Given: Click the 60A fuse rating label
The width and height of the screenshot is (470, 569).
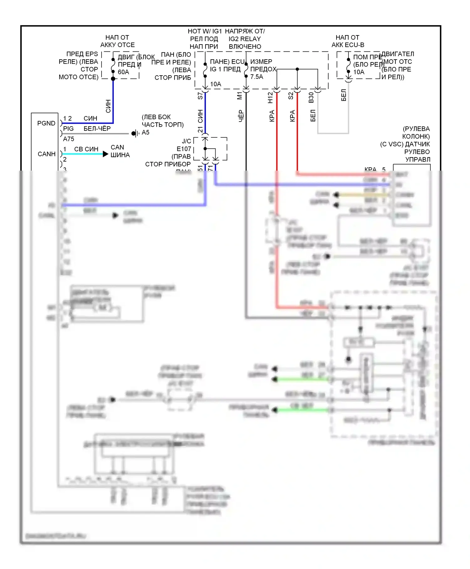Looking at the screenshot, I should pos(123,72).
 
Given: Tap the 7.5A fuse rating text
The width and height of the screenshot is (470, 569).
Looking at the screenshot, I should pos(257,77).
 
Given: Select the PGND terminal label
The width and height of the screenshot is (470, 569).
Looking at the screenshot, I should pos(46,123).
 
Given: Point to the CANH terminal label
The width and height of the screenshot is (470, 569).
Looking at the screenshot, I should pos(46,154).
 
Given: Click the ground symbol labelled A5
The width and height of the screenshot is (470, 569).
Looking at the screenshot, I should pos(135,133).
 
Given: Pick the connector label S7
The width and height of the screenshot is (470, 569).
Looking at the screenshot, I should pos(200,96).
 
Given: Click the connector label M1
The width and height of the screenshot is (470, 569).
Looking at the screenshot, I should pos(240,96).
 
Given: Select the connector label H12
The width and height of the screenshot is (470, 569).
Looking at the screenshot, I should pos(270,98).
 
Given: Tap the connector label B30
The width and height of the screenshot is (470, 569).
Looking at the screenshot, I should pos(311,97).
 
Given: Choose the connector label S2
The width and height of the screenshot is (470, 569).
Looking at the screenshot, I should pos(291,96).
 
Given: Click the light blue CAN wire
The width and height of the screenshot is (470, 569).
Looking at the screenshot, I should pos(83,154).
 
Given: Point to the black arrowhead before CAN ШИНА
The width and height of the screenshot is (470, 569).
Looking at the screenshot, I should pos(106,154).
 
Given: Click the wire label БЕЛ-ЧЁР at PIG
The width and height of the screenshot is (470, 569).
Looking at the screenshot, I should pos(97,129).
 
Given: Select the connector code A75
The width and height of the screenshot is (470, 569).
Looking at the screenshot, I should pos(69,139).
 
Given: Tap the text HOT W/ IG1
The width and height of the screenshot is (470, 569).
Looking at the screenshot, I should pos(205,31).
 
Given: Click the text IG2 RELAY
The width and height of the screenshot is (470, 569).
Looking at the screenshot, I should pos(244,39).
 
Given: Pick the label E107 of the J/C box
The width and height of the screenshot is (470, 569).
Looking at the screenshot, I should pos(184,149).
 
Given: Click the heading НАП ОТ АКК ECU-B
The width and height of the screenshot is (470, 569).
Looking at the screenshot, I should pos(348,41).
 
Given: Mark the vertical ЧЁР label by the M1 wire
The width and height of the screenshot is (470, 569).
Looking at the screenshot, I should pos(241,116).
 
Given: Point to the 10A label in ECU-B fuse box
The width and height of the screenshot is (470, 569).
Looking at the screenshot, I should pos(359,72).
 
